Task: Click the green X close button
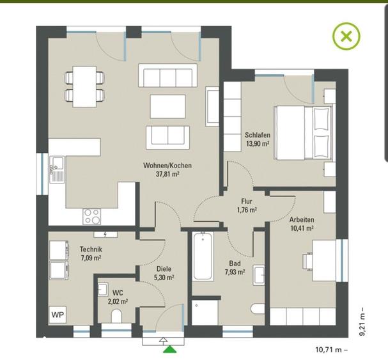[346, 36]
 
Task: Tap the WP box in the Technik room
[58, 315]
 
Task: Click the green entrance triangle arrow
[170, 349]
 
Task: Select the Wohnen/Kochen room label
[167, 166]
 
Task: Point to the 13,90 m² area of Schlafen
[258, 143]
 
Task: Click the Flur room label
[247, 201]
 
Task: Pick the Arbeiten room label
[302, 219]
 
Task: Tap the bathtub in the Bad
[203, 256]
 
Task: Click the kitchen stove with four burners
[92, 216]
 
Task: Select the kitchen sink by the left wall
[57, 169]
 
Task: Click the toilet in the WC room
[116, 317]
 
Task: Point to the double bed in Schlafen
[304, 132]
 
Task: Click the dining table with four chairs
[84, 87]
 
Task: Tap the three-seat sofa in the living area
[167, 75]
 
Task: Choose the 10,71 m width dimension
[331, 350]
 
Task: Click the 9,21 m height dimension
[362, 322]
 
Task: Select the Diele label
[164, 269]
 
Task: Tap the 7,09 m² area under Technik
[91, 258]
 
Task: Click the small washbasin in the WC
[103, 289]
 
